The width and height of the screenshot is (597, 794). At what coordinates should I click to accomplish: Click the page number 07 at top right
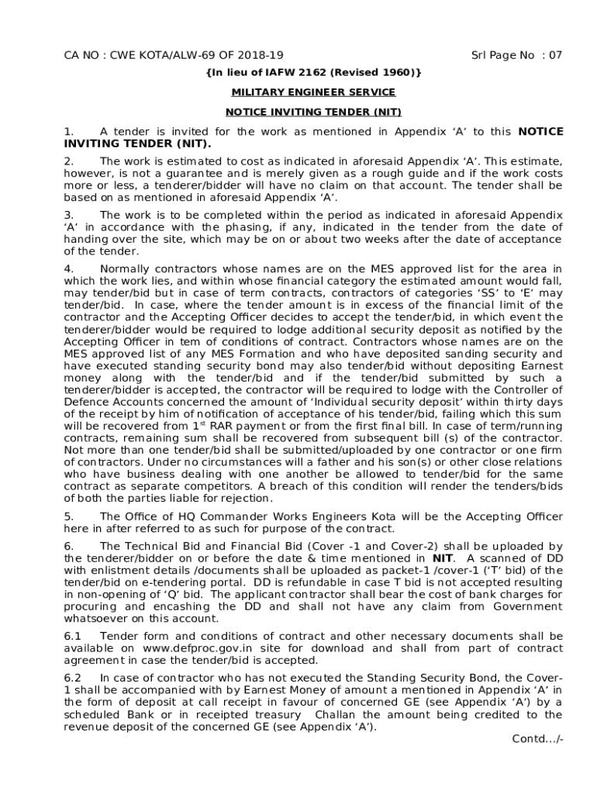pyautogui.click(x=554, y=56)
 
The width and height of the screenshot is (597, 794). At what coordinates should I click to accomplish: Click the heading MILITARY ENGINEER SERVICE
pyautogui.click(x=307, y=92)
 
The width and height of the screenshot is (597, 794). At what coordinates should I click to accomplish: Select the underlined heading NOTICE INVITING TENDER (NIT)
pyautogui.click(x=307, y=112)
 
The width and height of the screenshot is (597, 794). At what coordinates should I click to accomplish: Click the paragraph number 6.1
pyautogui.click(x=71, y=636)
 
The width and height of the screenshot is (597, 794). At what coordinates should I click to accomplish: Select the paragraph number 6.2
pyautogui.click(x=71, y=677)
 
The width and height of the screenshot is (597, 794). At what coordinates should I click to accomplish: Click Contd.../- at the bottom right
pyautogui.click(x=537, y=738)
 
